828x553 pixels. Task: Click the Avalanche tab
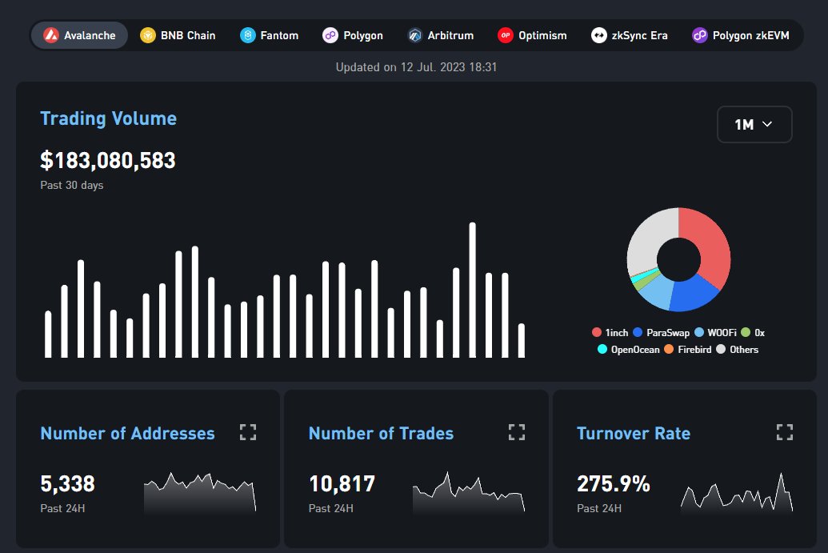tap(79, 35)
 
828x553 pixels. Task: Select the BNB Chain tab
tap(178, 35)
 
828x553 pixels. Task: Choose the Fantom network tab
tap(270, 35)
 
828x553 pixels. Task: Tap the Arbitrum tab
tap(441, 35)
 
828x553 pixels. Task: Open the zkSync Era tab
tap(630, 35)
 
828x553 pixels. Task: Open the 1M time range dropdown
tap(754, 124)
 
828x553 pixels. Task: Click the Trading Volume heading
tap(108, 118)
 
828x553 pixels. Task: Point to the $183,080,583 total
tap(108, 160)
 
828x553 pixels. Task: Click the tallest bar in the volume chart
tap(472, 290)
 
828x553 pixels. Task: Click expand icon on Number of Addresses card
tap(248, 432)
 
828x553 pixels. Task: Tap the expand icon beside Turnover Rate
tap(784, 432)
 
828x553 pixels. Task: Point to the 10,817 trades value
tap(342, 483)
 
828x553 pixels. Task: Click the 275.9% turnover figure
tap(613, 483)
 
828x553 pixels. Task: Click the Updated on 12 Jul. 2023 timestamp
tap(416, 67)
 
